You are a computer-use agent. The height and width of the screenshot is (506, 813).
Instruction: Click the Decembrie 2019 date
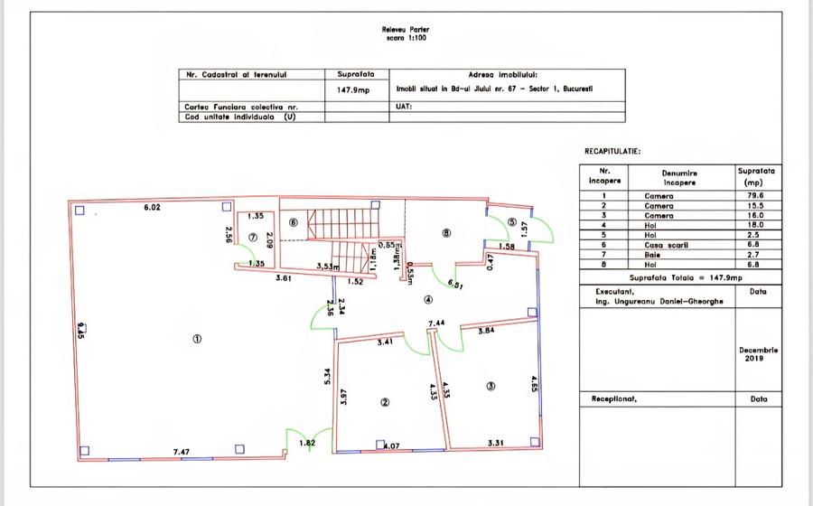757,354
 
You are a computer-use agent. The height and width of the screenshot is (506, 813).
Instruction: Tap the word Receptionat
616,398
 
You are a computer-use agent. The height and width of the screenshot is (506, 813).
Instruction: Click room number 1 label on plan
197,339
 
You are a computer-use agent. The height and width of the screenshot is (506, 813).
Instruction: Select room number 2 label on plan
385,403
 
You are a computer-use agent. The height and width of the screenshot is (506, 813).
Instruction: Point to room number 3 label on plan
491,386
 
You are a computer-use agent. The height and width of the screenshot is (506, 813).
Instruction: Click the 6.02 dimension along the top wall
153,208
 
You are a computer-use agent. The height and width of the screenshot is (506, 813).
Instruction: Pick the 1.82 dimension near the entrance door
307,443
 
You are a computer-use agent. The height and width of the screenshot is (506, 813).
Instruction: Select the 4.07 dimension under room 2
391,446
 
